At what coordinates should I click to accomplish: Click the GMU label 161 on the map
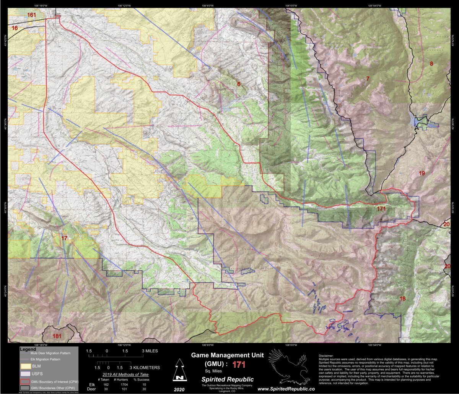click(32, 15)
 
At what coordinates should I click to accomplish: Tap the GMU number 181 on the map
click(57, 336)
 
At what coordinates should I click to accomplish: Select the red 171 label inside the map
click(381, 209)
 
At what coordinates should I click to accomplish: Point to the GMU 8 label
click(431, 64)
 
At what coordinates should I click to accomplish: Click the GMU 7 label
click(368, 79)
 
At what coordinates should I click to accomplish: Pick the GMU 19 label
click(422, 173)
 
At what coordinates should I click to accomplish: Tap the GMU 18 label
click(402, 299)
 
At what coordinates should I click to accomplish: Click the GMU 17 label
click(64, 239)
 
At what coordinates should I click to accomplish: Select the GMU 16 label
click(15, 28)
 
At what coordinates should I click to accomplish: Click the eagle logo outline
click(288, 366)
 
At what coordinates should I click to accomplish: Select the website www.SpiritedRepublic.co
click(286, 389)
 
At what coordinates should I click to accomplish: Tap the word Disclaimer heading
click(326, 356)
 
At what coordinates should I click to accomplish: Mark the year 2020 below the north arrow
click(178, 389)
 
